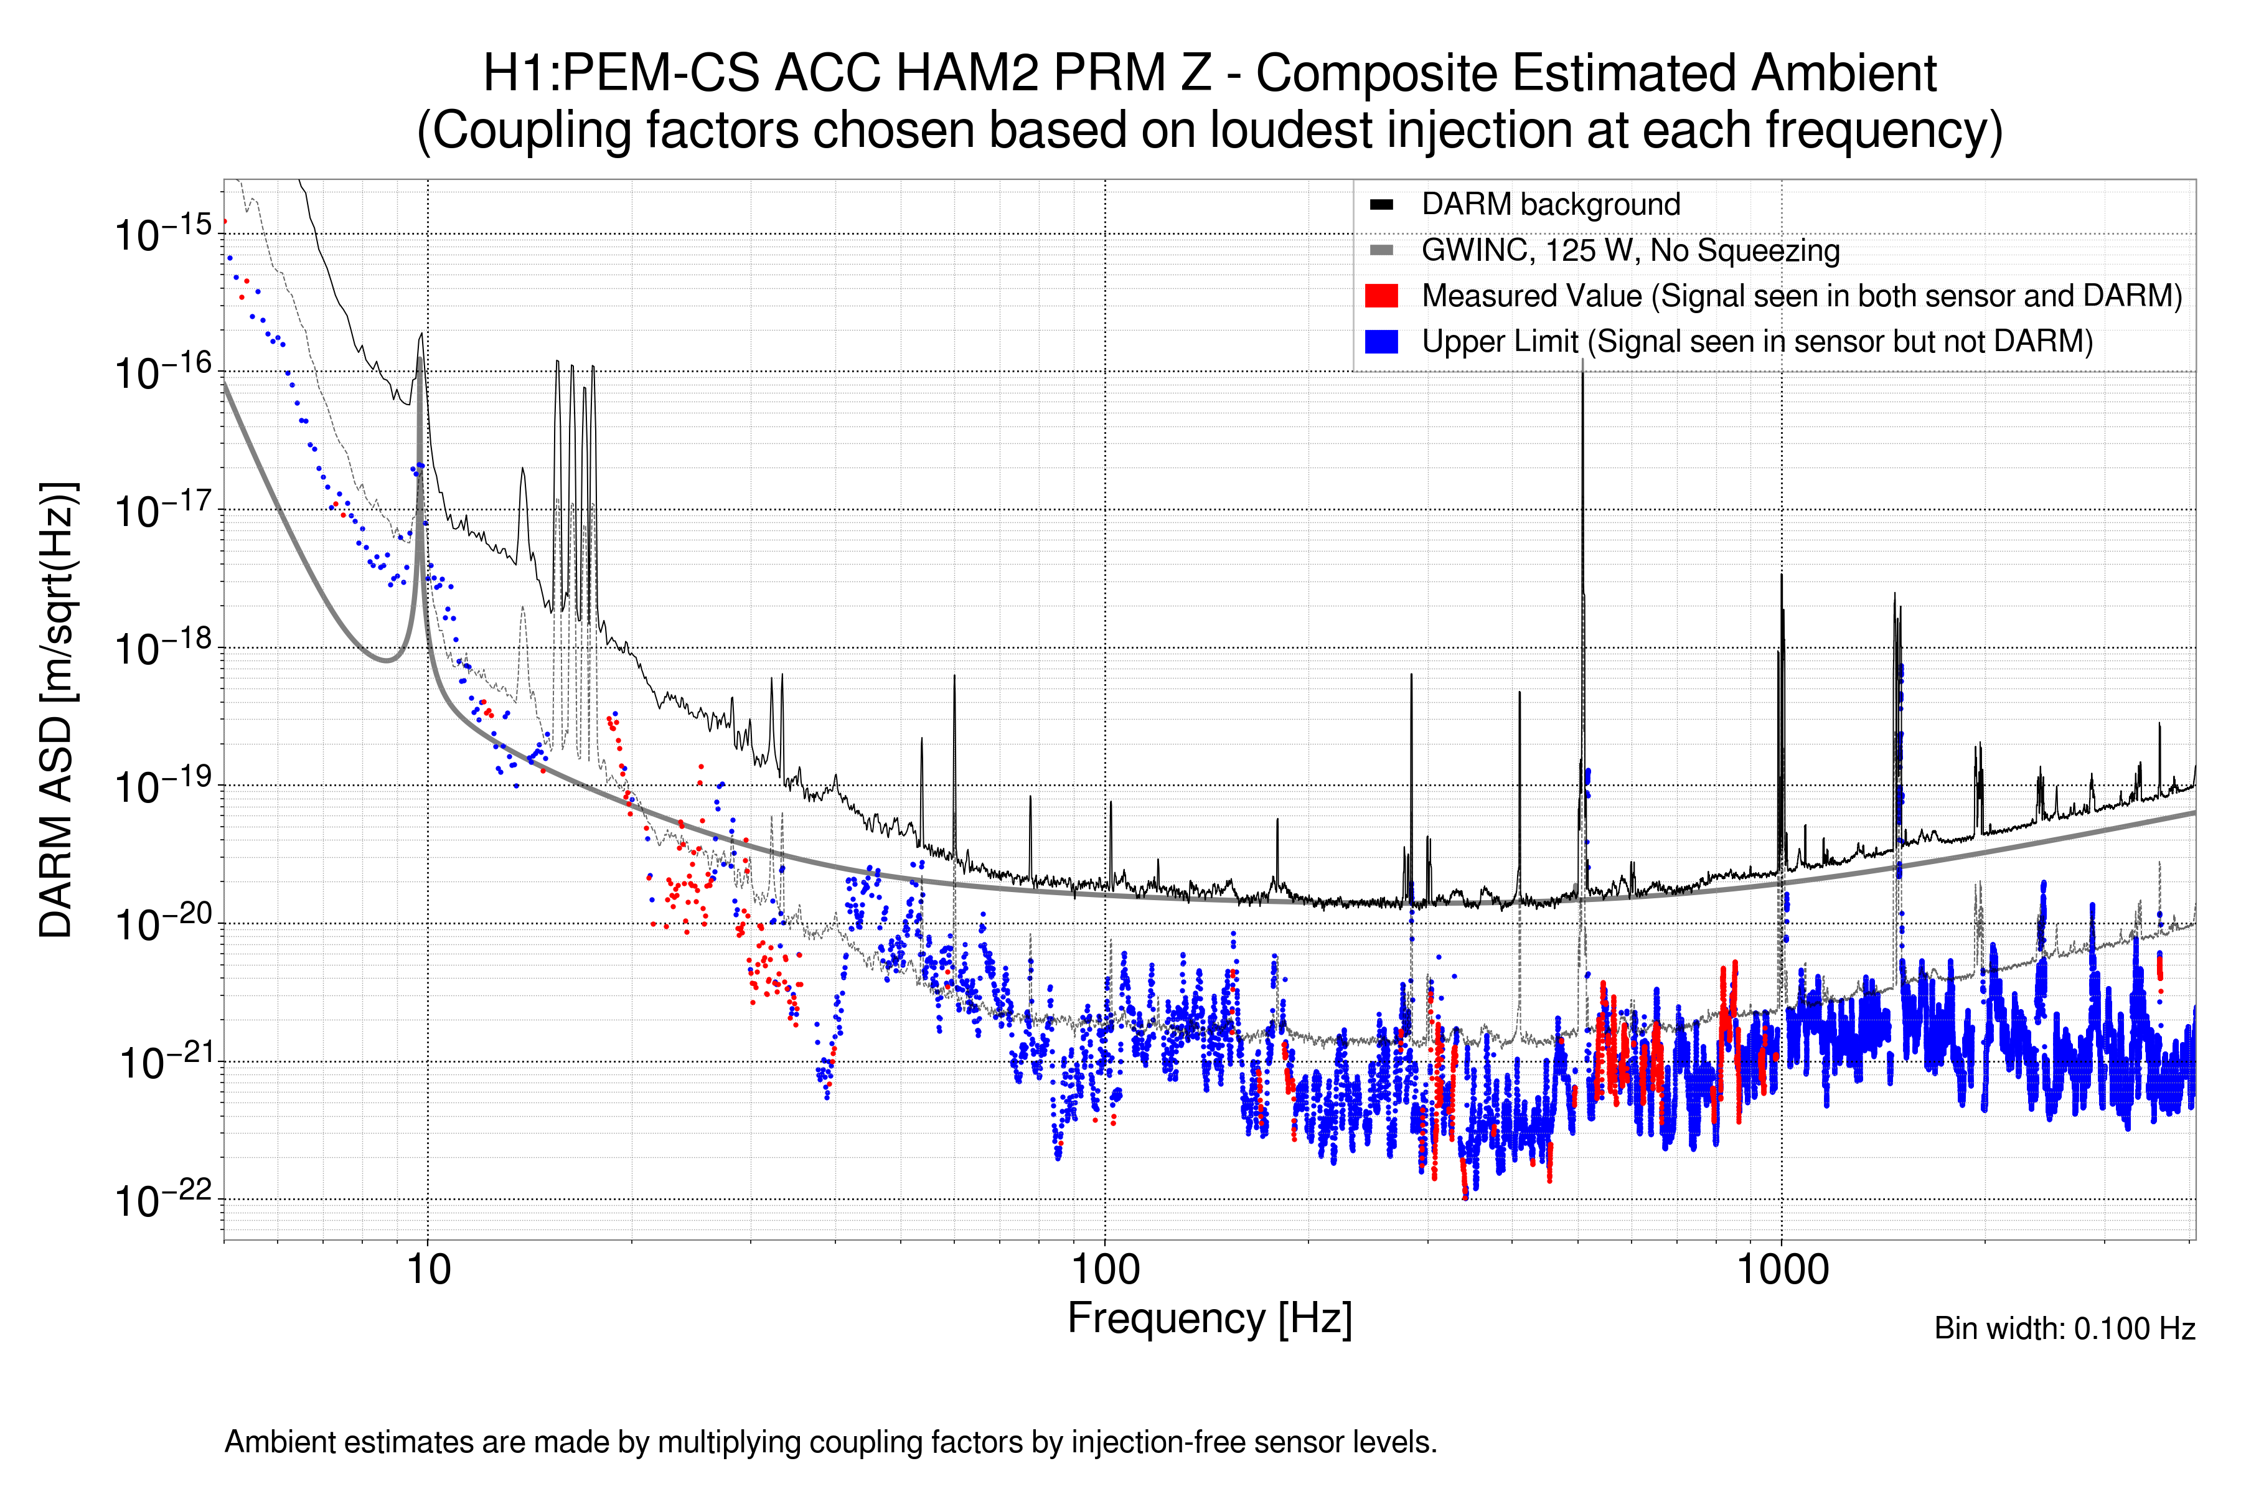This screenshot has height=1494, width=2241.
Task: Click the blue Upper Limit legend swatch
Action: point(1381,341)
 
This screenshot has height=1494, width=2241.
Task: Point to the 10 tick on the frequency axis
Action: point(428,1270)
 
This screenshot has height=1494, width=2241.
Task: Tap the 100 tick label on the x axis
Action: point(1106,1270)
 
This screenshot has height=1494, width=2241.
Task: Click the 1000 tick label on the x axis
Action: point(1782,1270)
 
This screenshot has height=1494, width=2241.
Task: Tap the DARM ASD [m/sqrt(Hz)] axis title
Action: point(57,710)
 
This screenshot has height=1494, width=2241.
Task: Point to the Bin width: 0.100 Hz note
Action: point(2064,1328)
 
